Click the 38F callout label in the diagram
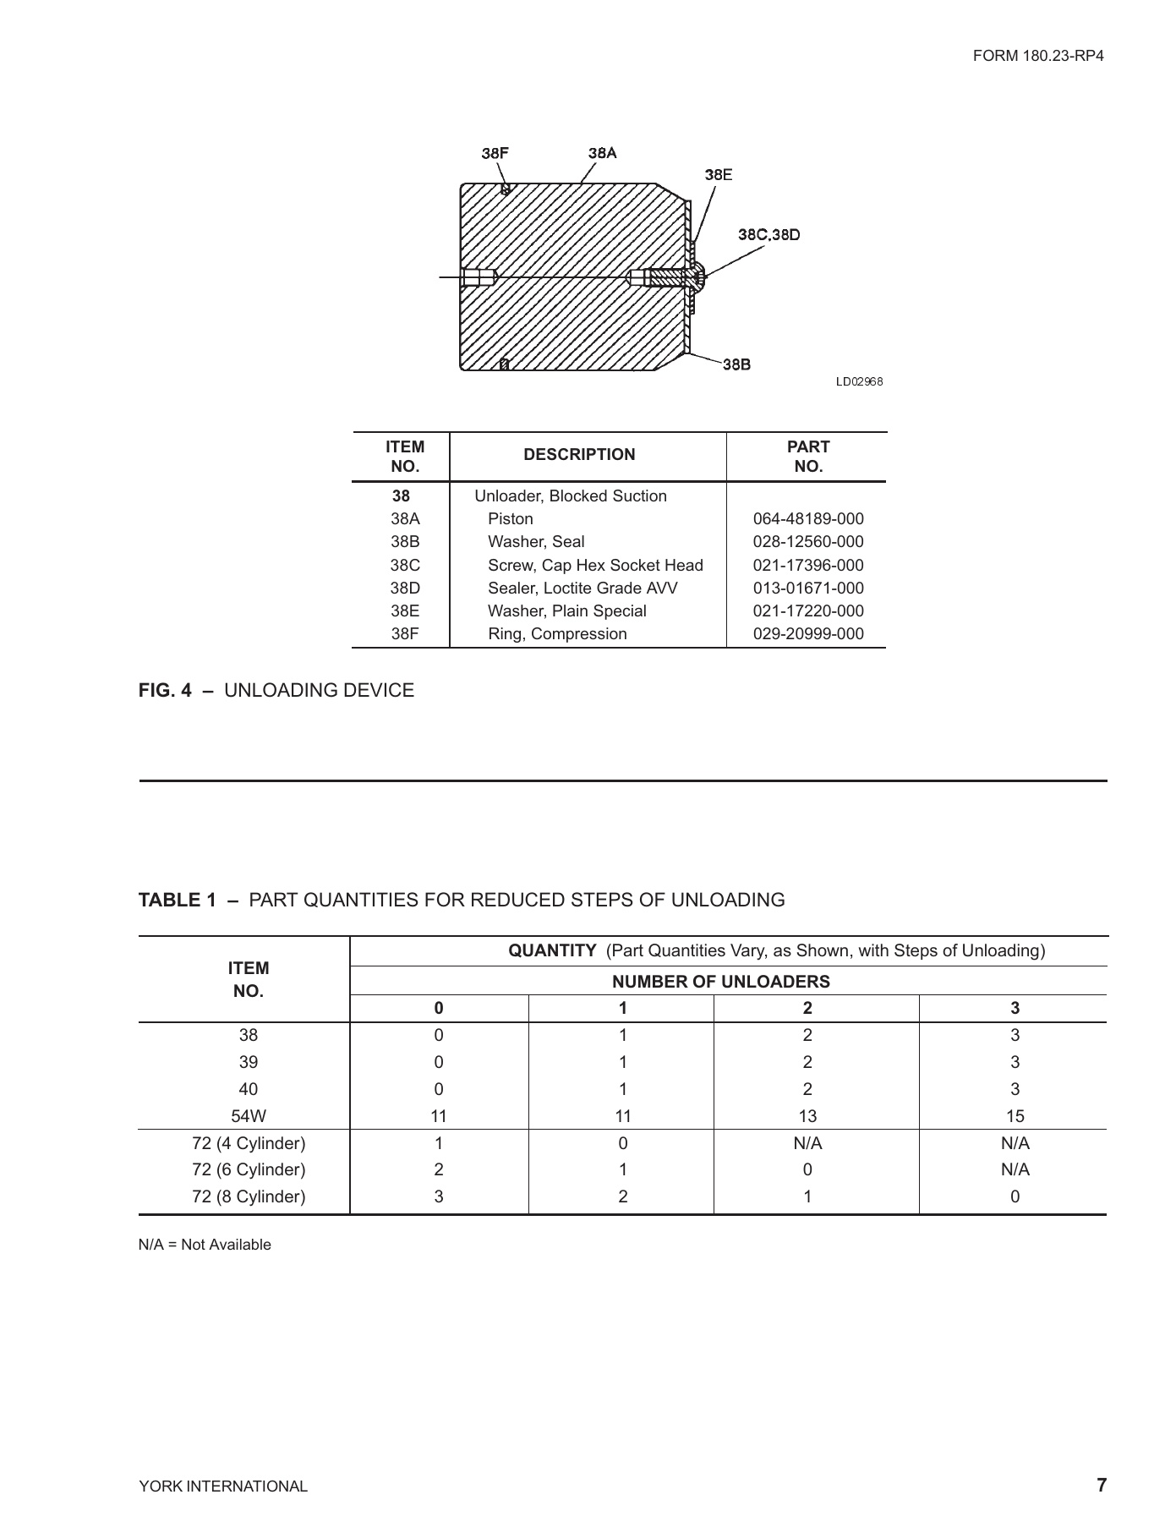click(495, 153)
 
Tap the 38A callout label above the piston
click(602, 153)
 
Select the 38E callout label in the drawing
click(718, 174)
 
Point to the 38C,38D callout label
click(769, 234)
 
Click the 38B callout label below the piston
click(736, 364)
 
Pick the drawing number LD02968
click(859, 382)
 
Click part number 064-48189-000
click(807, 519)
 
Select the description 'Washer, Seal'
click(536, 542)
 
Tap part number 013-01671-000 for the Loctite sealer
click(807, 589)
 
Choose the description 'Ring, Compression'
click(557, 634)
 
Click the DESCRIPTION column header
click(579, 455)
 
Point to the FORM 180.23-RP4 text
click(1038, 57)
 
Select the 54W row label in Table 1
click(248, 1116)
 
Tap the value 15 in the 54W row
click(1015, 1116)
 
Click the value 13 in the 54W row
click(807, 1116)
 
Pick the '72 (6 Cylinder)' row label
click(248, 1170)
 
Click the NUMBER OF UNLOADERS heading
click(720, 982)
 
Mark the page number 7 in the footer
click(1101, 1485)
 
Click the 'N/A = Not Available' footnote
click(205, 1245)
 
